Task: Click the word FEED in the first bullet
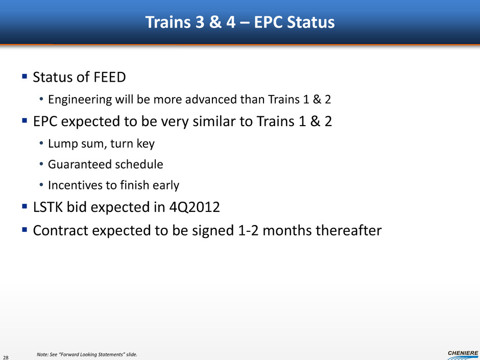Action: click(110, 77)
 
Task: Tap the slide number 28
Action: click(6, 357)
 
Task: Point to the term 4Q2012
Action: click(195, 207)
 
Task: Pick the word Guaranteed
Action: click(76, 164)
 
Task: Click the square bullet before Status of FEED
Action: click(25, 76)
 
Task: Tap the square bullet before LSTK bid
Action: click(25, 207)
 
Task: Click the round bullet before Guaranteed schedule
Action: click(41, 164)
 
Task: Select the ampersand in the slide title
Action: click(215, 22)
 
